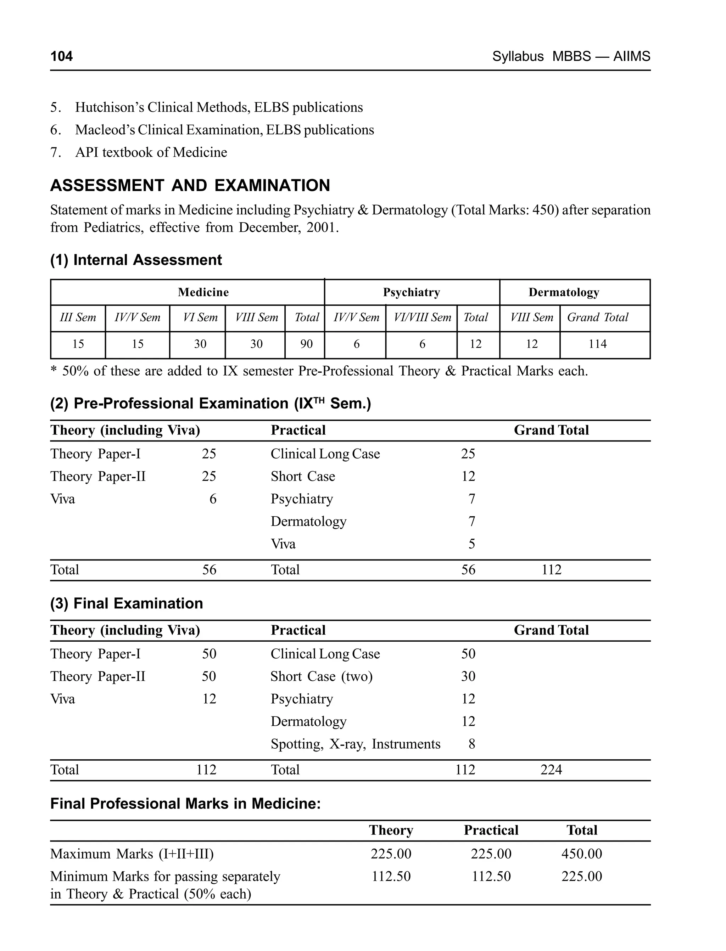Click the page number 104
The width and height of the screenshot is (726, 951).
[x=61, y=56]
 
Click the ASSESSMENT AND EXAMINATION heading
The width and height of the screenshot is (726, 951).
[x=190, y=185]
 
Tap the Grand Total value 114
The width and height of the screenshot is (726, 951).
[x=597, y=344]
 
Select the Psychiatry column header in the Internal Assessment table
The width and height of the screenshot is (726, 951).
[x=412, y=292]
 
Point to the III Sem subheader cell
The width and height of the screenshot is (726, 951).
[x=78, y=317]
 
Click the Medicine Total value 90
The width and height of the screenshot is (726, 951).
[x=306, y=344]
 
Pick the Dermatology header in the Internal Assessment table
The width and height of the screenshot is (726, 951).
[x=564, y=292]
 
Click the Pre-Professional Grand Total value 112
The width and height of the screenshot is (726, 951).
[x=552, y=570]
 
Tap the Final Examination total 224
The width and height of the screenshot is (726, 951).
[x=551, y=770]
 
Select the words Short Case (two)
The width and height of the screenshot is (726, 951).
[x=322, y=676]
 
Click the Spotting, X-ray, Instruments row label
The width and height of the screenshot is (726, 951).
[x=355, y=744]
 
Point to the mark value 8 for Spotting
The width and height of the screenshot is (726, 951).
[x=471, y=744]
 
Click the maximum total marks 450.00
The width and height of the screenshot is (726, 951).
[x=581, y=854]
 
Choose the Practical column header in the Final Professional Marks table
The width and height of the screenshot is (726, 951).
[x=491, y=830]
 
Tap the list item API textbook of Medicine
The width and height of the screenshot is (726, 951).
[x=151, y=152]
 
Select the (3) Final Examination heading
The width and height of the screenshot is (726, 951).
[x=127, y=603]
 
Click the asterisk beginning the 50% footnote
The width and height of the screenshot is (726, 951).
[x=54, y=371]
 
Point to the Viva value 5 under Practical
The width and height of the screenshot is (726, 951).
[x=471, y=544]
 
